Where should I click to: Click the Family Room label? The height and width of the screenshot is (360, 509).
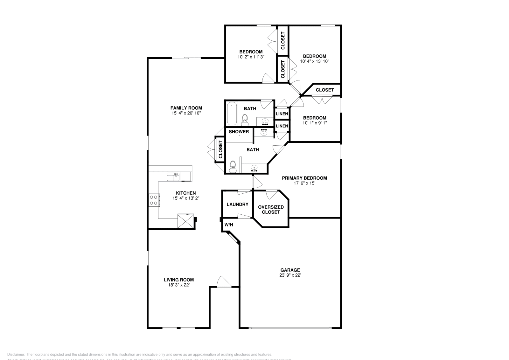[186, 108]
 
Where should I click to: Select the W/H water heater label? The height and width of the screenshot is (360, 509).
[228, 225]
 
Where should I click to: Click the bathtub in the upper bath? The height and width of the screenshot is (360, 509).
[232, 114]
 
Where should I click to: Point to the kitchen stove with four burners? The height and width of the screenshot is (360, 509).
[153, 200]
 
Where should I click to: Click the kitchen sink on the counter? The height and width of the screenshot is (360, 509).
[173, 177]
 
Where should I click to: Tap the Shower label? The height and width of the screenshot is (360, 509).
[239, 132]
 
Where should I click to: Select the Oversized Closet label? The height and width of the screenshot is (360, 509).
[271, 209]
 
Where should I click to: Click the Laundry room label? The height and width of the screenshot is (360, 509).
[237, 204]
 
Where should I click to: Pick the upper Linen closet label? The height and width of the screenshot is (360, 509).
[282, 114]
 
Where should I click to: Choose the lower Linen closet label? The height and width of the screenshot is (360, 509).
[282, 126]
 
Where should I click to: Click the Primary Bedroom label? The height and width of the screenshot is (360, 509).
[304, 178]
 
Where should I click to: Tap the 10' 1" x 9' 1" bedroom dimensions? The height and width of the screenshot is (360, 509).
[314, 123]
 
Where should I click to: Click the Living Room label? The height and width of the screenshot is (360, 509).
[179, 280]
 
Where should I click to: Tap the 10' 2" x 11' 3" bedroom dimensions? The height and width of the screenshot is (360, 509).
[251, 57]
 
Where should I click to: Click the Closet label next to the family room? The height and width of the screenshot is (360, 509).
[220, 149]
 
